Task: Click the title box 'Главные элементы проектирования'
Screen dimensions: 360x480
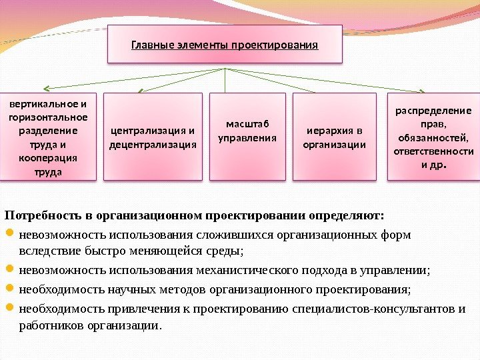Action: [x=225, y=45]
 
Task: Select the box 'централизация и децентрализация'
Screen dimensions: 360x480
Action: [x=153, y=137]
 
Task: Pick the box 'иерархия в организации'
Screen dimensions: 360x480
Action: [x=335, y=137]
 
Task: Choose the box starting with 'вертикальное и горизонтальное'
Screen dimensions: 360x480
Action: [x=48, y=137]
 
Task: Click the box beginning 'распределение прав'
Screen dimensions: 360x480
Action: [x=433, y=137]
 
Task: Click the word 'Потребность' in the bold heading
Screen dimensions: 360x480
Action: [x=41, y=216]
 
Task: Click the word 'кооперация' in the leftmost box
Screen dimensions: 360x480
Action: [x=48, y=158]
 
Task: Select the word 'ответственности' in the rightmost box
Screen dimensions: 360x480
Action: [x=433, y=151]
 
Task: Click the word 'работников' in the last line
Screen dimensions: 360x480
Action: [x=45, y=326]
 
